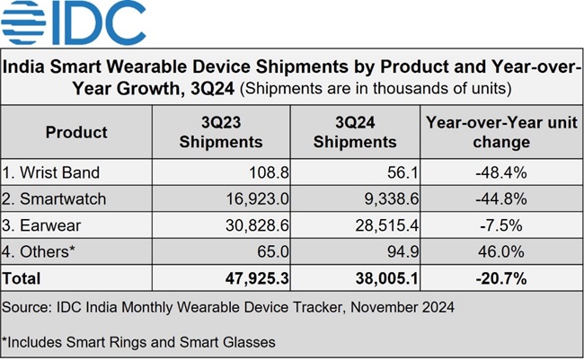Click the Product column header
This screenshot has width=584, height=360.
(x=76, y=132)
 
